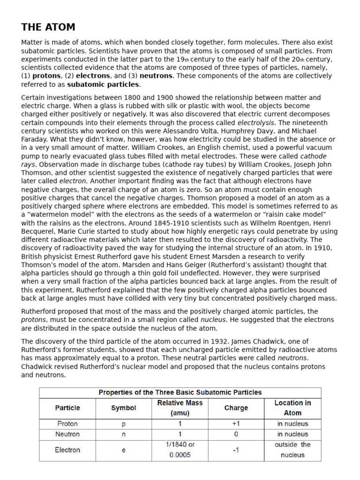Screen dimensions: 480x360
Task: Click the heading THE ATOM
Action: click(48, 27)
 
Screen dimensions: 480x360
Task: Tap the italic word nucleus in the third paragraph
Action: click(213, 320)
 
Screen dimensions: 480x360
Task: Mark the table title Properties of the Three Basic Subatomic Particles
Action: click(180, 392)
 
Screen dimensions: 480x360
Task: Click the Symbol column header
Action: click(123, 408)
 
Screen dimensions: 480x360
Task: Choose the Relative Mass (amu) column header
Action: click(180, 408)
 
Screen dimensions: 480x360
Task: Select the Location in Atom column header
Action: click(292, 408)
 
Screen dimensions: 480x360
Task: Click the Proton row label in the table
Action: click(67, 424)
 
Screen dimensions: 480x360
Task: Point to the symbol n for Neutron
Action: click(123, 434)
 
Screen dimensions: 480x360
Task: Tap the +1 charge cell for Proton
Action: click(236, 424)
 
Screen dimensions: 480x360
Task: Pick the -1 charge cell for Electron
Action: click(236, 450)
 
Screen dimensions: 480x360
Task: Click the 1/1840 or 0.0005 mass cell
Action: click(180, 450)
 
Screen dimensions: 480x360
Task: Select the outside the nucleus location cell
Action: click(292, 450)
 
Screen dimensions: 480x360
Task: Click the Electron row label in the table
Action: click(67, 450)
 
